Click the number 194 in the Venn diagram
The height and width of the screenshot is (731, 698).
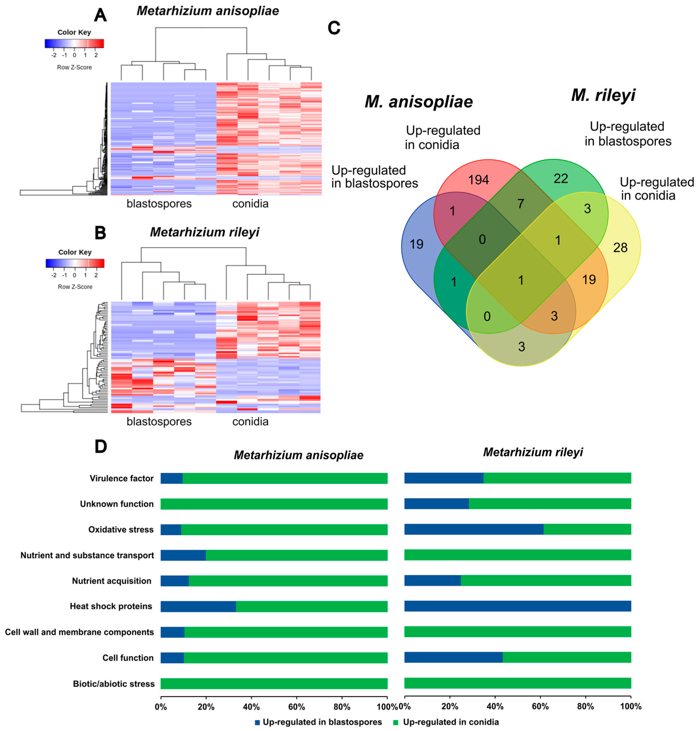click(x=478, y=180)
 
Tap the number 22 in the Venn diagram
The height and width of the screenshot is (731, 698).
click(x=561, y=179)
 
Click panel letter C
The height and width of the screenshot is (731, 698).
click(x=334, y=28)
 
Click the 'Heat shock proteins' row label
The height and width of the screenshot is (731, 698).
click(x=111, y=606)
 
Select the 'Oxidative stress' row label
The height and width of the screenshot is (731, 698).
click(x=121, y=530)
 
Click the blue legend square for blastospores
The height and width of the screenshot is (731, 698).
click(x=257, y=722)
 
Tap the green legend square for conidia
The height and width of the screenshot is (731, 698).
click(x=396, y=722)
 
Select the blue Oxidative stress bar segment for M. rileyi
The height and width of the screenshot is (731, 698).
click(x=474, y=529)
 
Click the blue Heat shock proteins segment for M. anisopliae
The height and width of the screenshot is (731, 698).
click(x=198, y=606)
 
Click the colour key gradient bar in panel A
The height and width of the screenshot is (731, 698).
click(x=74, y=44)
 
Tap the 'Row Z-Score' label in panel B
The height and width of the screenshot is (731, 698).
click(x=75, y=287)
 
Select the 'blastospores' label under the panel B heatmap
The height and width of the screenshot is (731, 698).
click(x=159, y=421)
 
